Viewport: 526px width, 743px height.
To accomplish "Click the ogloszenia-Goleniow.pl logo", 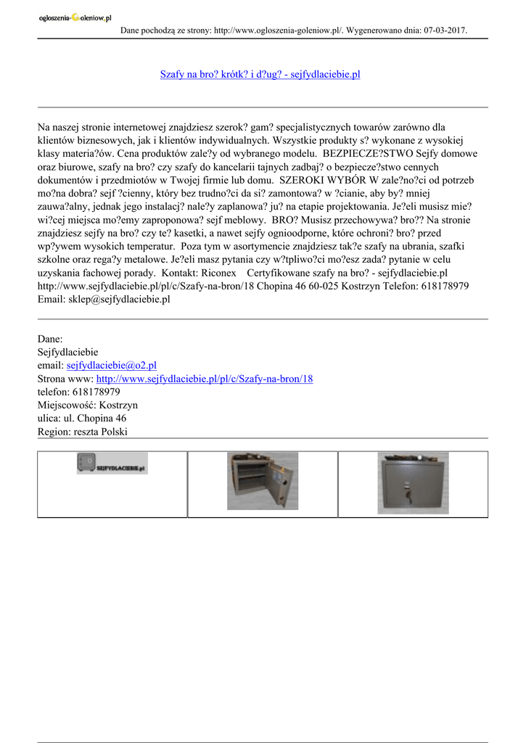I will click(75, 18).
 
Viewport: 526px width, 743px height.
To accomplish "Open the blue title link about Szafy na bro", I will click(260, 75).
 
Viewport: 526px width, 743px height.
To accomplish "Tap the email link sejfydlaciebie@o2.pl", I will click(112, 366).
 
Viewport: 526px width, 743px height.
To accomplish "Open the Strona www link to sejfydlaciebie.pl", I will click(205, 379).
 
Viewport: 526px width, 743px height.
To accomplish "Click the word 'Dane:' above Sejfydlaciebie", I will click(50, 340).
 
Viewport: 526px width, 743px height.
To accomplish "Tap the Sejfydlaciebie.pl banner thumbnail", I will click(112, 464).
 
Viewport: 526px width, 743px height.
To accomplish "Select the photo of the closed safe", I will click(413, 483).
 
